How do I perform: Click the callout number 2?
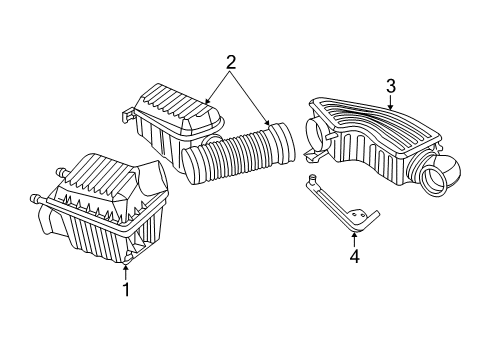point(231,62)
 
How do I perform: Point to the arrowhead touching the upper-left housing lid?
point(207,102)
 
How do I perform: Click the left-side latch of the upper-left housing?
point(128,118)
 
